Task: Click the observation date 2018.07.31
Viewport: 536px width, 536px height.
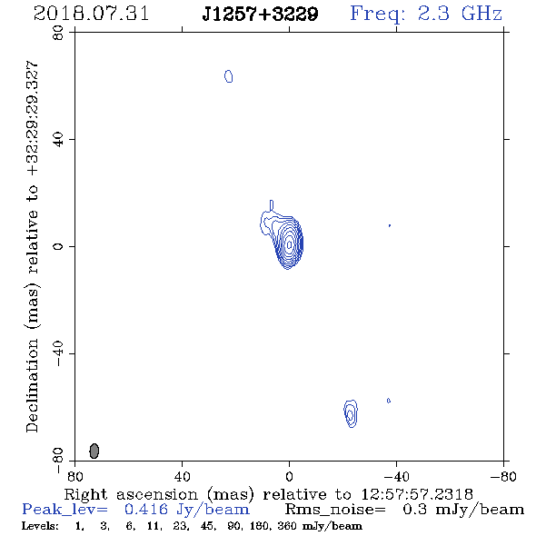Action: pos(91,14)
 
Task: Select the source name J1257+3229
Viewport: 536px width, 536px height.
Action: pos(260,14)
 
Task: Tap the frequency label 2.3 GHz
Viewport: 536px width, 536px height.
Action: pos(460,14)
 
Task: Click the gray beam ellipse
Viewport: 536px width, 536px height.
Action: pos(94,451)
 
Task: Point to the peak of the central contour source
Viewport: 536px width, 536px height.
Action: pos(290,244)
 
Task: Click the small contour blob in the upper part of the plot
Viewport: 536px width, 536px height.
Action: pos(229,76)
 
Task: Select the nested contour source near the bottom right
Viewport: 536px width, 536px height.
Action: pos(351,413)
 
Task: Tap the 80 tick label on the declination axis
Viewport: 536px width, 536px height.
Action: pos(58,33)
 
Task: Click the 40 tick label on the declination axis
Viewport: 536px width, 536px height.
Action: pos(58,140)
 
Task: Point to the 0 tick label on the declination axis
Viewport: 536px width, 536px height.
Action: pos(58,246)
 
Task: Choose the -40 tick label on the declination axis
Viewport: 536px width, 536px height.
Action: pos(58,353)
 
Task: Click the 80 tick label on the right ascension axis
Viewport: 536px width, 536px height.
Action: pos(74,477)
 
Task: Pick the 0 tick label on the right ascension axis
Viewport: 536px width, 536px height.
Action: pos(290,477)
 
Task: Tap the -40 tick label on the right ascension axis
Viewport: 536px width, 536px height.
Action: pos(396,477)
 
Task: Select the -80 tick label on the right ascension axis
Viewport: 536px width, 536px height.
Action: pos(503,477)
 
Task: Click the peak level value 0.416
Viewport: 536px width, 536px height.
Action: pos(146,510)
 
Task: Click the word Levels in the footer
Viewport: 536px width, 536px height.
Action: pos(40,525)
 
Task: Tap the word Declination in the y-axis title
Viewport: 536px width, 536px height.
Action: pos(32,385)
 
